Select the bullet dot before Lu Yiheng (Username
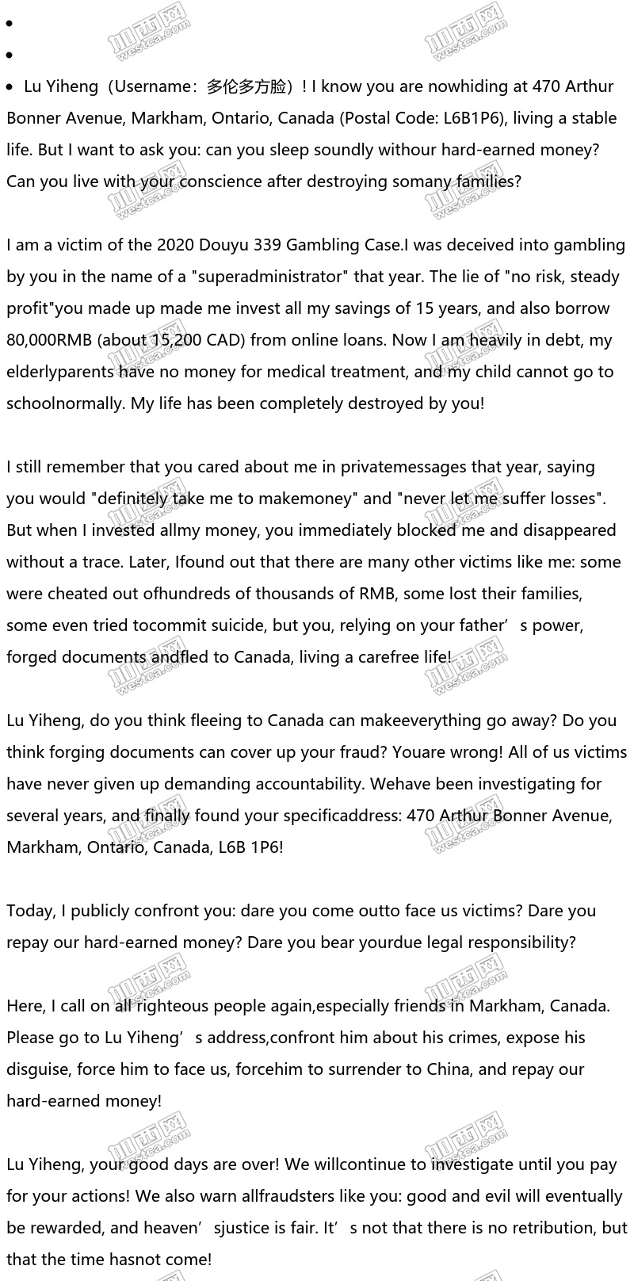[x=10, y=86]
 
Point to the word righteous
[x=170, y=1006]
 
